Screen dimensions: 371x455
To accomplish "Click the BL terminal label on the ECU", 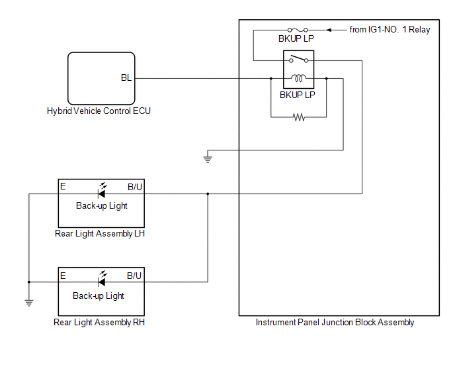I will (x=126, y=78).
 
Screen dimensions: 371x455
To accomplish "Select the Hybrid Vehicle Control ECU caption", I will (x=99, y=111).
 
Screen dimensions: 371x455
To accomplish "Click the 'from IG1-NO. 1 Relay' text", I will (x=390, y=30).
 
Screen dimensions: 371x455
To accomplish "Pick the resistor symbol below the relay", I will (x=299, y=117).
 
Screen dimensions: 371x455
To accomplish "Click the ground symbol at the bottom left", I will (x=29, y=303).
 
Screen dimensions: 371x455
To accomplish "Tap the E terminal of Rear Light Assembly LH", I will (x=63, y=187).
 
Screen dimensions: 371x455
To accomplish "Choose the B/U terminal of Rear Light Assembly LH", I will (x=135, y=187).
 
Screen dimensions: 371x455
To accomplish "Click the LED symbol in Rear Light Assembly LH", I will (x=101, y=192).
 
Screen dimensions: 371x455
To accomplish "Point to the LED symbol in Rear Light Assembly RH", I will (x=101, y=281).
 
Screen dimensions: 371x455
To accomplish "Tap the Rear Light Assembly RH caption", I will (x=99, y=323).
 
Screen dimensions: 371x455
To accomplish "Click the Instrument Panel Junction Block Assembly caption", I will (x=335, y=323).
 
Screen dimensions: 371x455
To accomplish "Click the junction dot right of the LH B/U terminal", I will (x=208, y=194).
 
